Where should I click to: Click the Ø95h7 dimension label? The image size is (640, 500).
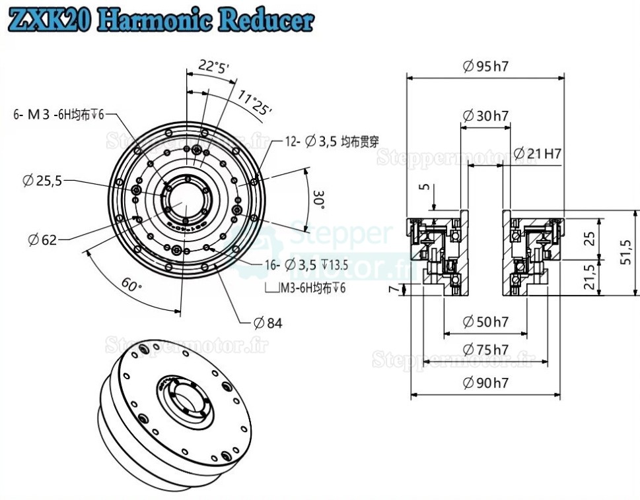click(x=489, y=66)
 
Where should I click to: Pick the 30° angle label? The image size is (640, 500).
click(x=320, y=199)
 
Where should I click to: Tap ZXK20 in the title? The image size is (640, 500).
click(x=49, y=20)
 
